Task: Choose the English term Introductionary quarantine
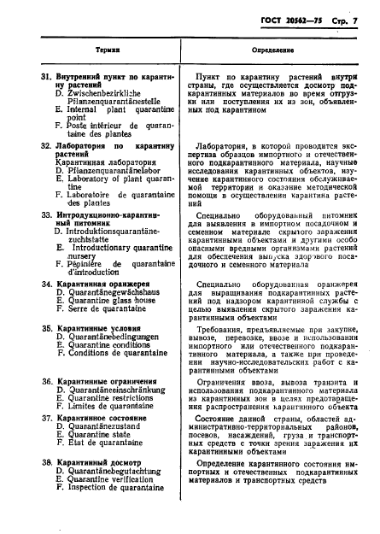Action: pos(119,247)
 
